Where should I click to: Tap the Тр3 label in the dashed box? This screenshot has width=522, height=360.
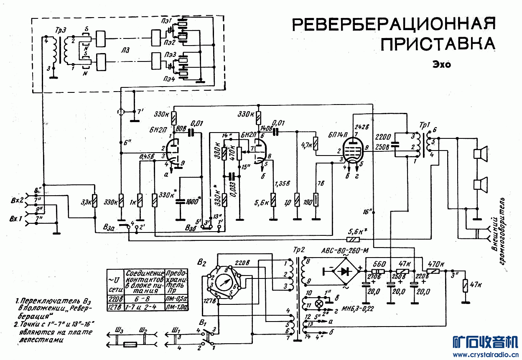60,32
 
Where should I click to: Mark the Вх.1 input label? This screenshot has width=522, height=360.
15,219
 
